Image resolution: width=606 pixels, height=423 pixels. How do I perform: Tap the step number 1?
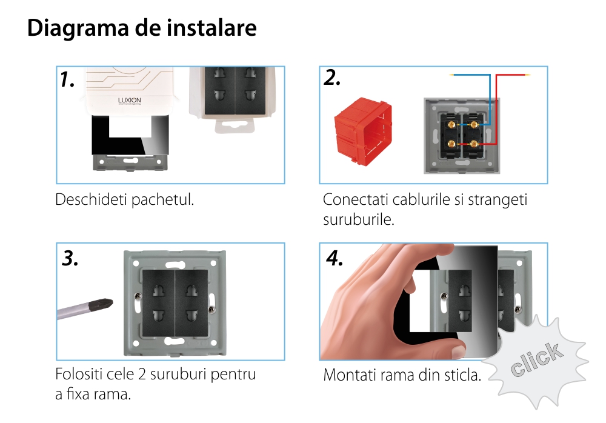67,79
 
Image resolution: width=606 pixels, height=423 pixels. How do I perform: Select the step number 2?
332,78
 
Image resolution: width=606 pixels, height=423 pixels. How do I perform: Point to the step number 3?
70,258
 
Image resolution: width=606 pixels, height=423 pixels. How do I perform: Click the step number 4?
335,258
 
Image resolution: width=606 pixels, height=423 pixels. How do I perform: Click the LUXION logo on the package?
130,101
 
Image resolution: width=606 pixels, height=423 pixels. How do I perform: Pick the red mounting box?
363,132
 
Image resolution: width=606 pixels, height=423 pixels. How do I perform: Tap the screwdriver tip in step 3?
110,304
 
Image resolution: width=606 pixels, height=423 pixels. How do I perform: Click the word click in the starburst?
537,359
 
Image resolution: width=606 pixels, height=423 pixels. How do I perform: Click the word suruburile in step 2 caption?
359,219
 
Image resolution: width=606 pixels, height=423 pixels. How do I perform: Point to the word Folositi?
78,375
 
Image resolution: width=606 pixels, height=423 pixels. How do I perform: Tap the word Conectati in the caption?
355,199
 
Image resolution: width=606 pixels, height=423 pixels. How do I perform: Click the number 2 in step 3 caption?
142,375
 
